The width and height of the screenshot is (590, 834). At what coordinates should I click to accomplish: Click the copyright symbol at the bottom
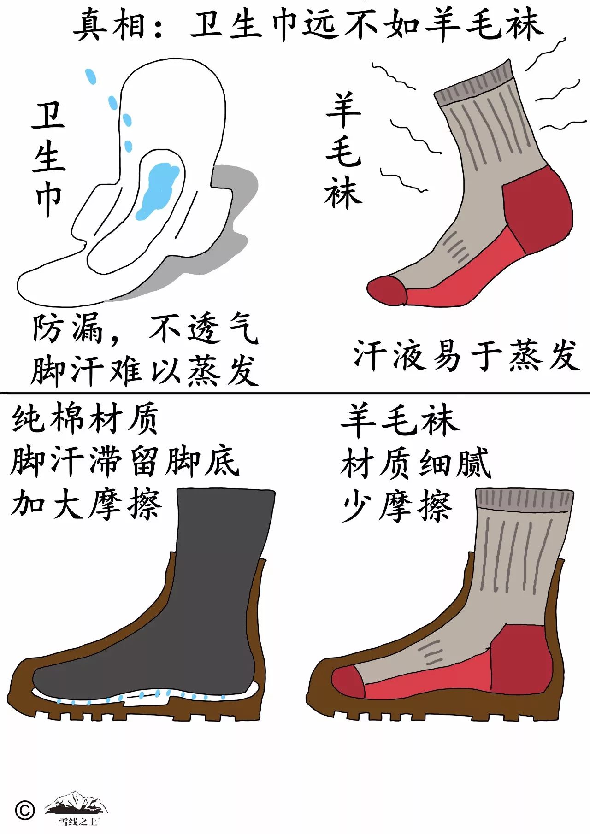pyautogui.click(x=25, y=810)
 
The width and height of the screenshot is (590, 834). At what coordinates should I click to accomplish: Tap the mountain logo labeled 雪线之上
pyautogui.click(x=77, y=806)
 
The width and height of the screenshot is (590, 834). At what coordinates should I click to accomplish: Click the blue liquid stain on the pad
pyautogui.click(x=158, y=188)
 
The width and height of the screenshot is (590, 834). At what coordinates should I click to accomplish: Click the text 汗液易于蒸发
pyautogui.click(x=466, y=356)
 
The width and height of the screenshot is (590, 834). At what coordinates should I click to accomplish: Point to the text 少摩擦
pyautogui.click(x=396, y=506)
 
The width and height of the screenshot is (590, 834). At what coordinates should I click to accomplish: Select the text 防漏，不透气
pyautogui.click(x=145, y=329)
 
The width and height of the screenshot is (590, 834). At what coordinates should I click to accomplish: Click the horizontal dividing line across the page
pyautogui.click(x=295, y=394)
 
